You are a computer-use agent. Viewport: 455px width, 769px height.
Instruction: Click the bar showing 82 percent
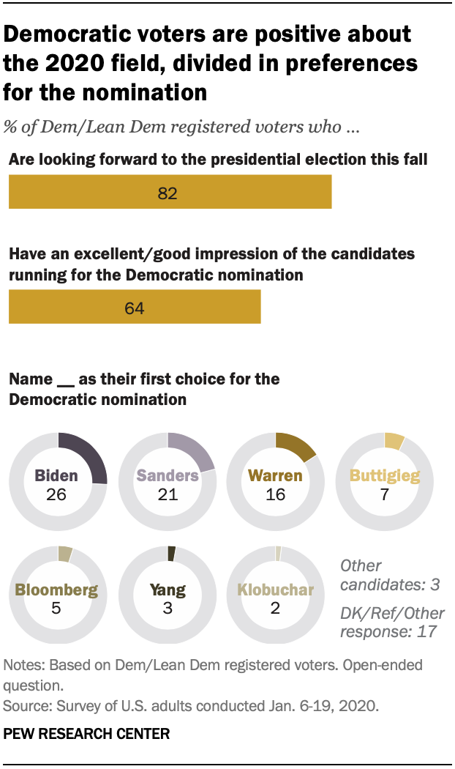(x=170, y=193)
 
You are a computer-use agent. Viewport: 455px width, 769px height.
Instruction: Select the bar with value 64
(x=135, y=307)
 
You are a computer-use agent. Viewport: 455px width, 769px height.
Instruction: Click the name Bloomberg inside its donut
(x=56, y=590)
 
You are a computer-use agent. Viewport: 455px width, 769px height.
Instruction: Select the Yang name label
(x=168, y=590)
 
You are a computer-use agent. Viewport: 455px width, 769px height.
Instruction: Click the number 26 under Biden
(x=56, y=494)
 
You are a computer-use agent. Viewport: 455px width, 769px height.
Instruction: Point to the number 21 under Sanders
(x=168, y=494)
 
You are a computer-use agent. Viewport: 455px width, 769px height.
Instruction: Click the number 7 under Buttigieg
(x=385, y=494)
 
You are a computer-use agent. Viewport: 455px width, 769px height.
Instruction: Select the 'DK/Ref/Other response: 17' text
(x=392, y=621)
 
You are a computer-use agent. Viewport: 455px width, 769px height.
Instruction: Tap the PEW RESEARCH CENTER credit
(x=87, y=733)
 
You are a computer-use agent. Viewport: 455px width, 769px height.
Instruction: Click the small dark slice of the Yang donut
(x=172, y=553)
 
